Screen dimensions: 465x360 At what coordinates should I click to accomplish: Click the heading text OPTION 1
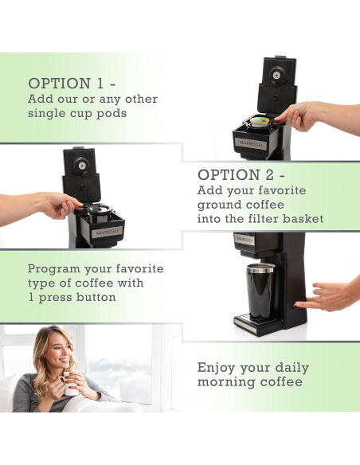(x=72, y=84)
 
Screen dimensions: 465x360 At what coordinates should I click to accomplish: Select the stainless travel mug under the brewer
(x=260, y=292)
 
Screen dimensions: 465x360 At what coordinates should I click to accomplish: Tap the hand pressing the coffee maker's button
(x=325, y=296)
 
